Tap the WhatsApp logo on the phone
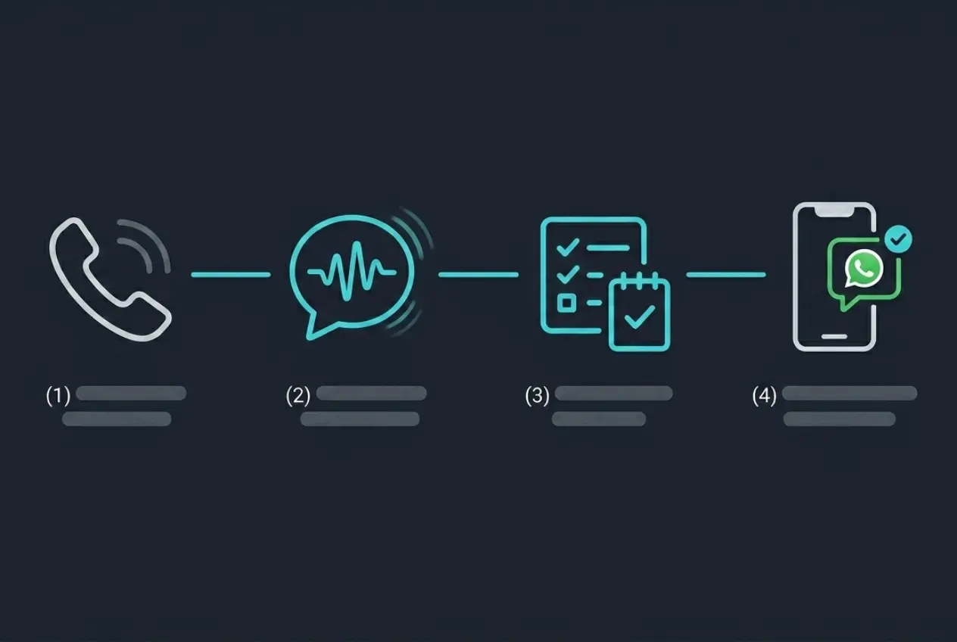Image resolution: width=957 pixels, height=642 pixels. point(864,268)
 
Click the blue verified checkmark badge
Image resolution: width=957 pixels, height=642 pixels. point(898,238)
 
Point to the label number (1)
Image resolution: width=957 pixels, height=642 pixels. point(58,395)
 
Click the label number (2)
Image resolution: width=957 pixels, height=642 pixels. point(298,395)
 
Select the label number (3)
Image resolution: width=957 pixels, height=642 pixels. point(537,395)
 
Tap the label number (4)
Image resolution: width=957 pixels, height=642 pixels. point(765,395)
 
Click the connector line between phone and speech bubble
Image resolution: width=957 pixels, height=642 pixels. point(231,275)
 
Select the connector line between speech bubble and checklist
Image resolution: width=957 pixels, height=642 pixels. point(478,275)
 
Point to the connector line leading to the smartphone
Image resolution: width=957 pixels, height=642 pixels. point(726,275)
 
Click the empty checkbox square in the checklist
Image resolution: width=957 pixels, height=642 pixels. point(566,303)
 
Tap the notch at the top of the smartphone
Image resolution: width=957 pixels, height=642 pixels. point(834,211)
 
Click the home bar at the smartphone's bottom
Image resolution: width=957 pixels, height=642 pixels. point(834,337)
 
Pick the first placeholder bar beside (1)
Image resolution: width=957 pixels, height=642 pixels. point(131,393)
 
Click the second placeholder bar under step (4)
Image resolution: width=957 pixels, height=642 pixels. point(840,419)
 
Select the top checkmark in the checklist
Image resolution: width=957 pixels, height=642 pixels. point(567,247)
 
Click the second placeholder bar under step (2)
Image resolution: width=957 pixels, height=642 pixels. point(360,419)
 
